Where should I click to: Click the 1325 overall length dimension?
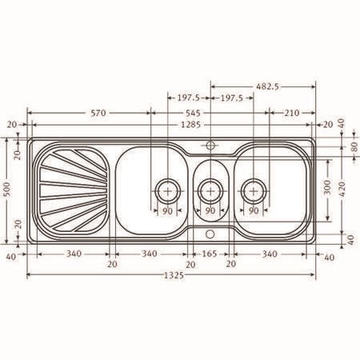174,275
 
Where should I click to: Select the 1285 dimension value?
190,125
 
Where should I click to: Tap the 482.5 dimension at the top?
267,86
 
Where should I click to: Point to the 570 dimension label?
98,113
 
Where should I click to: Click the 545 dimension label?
193,113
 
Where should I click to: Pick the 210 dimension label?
291,113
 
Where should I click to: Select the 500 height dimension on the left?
8,189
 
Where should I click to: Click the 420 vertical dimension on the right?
342,189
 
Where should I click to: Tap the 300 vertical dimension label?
328,187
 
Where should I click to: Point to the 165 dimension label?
210,254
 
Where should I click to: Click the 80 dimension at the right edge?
354,147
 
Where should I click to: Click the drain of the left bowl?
168,191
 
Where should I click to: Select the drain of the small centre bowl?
210,191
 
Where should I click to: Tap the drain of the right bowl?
254,191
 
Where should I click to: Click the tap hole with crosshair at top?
210,146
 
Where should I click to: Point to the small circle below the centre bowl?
210,234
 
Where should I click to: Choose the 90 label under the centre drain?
210,210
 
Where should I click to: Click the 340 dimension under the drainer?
74,254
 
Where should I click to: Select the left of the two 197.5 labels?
189,98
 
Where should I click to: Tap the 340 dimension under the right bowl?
270,254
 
